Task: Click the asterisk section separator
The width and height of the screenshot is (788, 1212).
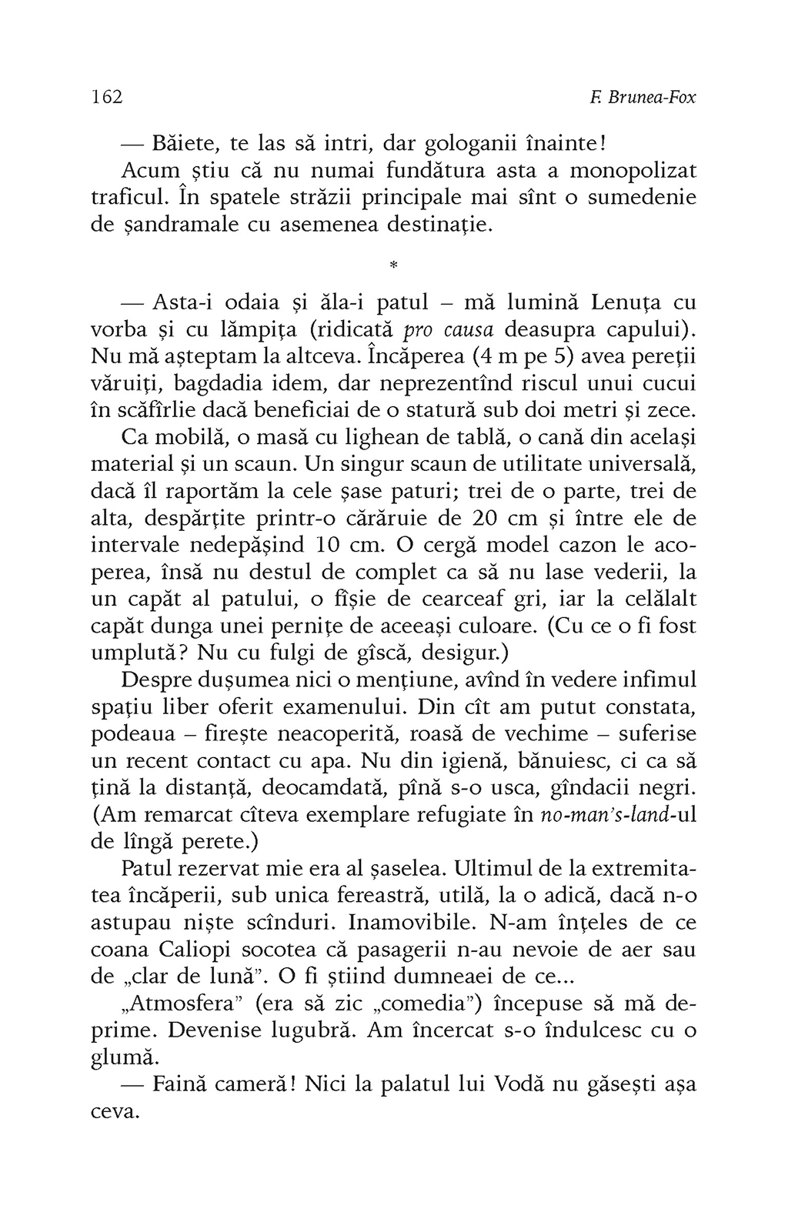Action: [393, 266]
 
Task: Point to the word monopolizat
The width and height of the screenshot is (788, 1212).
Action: [634, 170]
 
